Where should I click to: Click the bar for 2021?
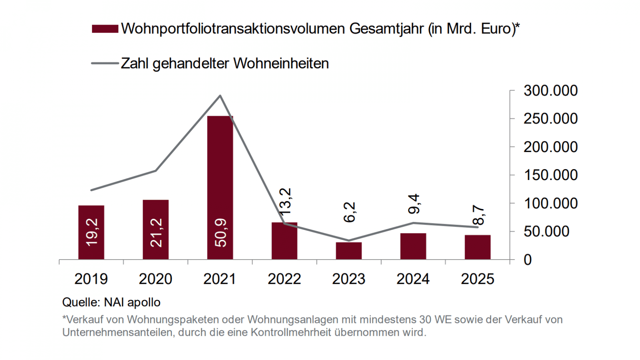tap(220, 187)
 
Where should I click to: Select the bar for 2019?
tap(91, 232)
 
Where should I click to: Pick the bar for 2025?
tap(477, 247)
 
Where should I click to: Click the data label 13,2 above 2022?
tap(285, 202)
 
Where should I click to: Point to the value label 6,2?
tap(350, 212)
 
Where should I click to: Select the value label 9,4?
tap(414, 204)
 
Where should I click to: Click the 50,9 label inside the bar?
tap(221, 232)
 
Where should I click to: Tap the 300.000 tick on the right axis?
tap(550, 90)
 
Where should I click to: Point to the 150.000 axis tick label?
tap(550, 175)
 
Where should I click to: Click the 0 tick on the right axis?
tap(527, 260)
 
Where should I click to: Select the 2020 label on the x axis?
tap(155, 279)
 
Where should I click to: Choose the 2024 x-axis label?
tap(413, 279)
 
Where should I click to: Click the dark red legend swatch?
tap(105, 29)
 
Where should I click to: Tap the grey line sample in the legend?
tap(105, 63)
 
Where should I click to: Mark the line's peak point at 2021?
tap(220, 96)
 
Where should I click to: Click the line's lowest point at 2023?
tap(349, 240)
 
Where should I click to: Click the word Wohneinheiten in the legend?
tap(281, 63)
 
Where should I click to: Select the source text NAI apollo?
tap(132, 302)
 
